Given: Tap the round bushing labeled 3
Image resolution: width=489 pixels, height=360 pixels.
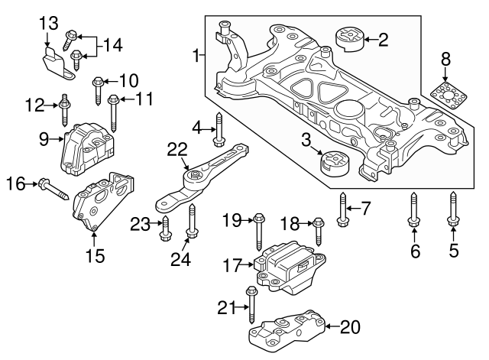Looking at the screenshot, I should [x=334, y=164].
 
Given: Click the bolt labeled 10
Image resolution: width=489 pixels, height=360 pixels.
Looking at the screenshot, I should [x=98, y=89].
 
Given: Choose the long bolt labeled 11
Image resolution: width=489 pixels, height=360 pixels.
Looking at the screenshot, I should [x=114, y=112].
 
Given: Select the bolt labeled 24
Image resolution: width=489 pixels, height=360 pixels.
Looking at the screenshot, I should [x=191, y=224].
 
